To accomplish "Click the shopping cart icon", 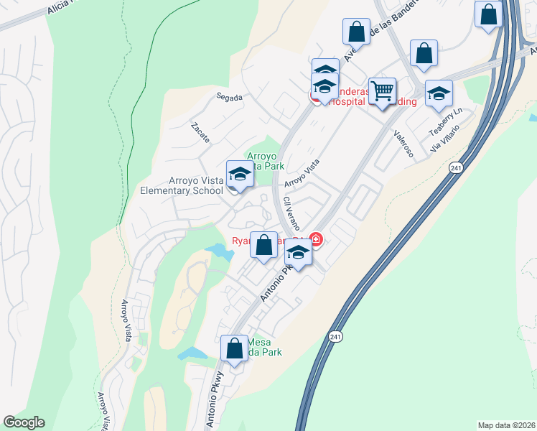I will pos(383,91).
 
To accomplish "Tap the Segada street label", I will pos(230,97).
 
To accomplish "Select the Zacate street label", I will pos(200,131).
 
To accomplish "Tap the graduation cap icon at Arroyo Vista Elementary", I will pos(240,174).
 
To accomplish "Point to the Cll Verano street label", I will pos(291,212).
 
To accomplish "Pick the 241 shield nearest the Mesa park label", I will pos(335,335).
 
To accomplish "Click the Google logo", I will pos(24,422).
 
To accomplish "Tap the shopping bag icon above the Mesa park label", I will pos(234,349).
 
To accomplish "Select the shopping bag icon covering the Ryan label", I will pos(264,244).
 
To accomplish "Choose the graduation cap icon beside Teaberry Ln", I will pos(439,93).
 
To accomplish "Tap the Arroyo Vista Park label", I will pos(266,160).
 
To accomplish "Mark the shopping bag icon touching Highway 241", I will pos(488,14).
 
